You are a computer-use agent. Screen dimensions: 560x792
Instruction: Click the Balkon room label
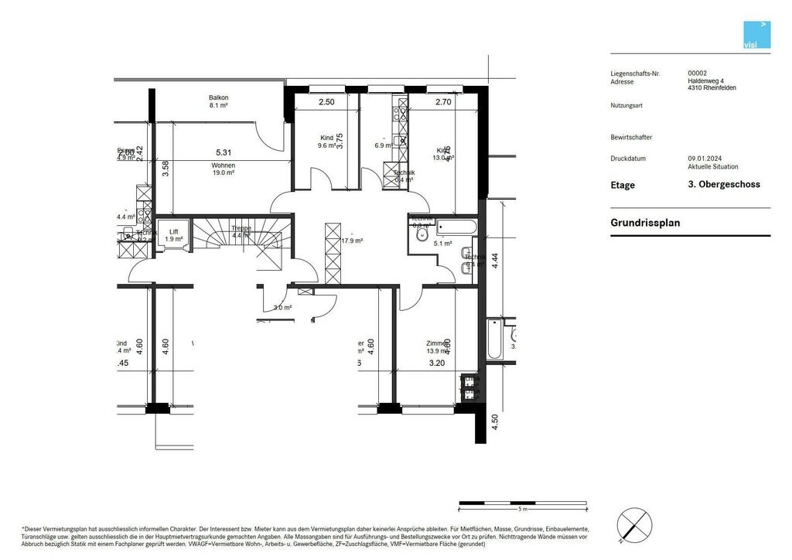coord(218,101)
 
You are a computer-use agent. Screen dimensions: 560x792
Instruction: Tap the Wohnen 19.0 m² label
coord(223,169)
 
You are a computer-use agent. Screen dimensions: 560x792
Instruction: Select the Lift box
coord(173,235)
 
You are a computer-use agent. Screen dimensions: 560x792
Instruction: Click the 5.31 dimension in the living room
coord(224,152)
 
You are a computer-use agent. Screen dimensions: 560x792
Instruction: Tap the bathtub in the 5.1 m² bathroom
coord(458,228)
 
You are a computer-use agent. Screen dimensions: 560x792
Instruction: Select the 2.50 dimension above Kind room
coord(326,102)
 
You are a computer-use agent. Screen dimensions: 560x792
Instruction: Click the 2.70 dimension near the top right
coord(443,102)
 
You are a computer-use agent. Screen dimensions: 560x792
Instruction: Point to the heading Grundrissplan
coord(645,223)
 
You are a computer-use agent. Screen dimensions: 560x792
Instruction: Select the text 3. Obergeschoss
coord(724,185)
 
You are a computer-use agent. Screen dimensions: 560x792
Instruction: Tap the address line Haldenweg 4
coord(706,80)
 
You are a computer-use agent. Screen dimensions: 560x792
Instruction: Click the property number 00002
coord(698,73)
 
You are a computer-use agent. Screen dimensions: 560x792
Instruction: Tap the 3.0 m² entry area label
coord(282,308)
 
